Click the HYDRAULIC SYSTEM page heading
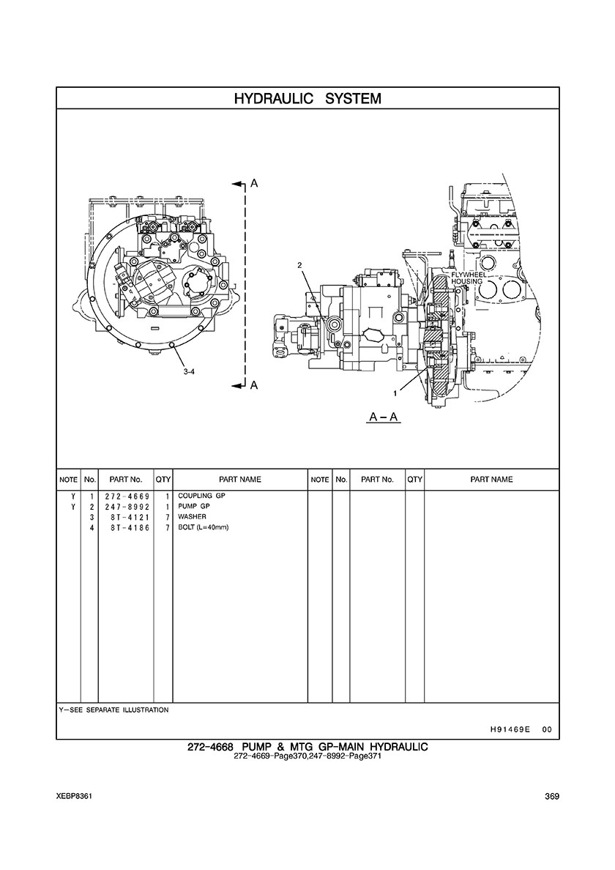tap(307, 99)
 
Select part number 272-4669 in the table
tap(127, 496)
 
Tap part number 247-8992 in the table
tap(127, 507)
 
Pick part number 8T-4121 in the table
tap(130, 517)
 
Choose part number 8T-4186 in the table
tap(130, 528)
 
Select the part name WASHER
tap(192, 516)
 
